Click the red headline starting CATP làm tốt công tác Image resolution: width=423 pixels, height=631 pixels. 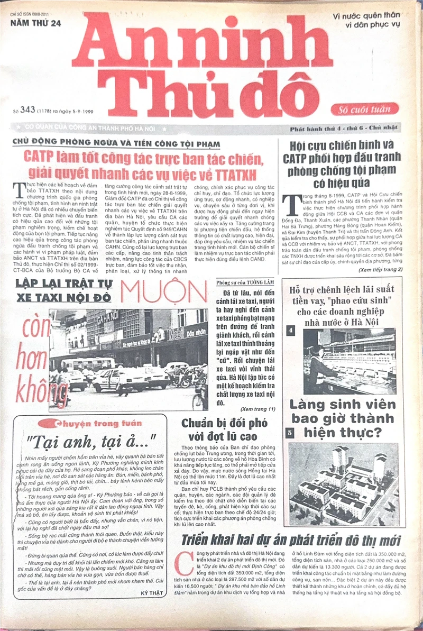[x=143, y=163]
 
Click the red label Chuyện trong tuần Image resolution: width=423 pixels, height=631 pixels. [x=90, y=423]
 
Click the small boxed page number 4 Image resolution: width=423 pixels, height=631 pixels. [x=290, y=331]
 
